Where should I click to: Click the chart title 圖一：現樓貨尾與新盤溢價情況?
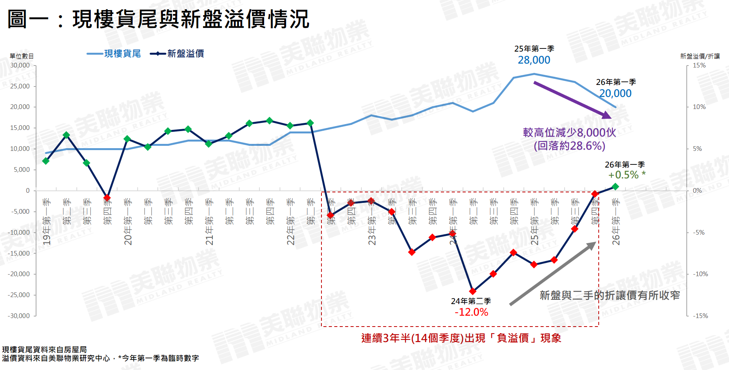pyautogui.click(x=158, y=19)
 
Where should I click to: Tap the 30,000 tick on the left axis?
pyautogui.click(x=20, y=65)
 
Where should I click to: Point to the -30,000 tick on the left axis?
pyautogui.click(x=19, y=316)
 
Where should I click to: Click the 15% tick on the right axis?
pyautogui.click(x=699, y=65)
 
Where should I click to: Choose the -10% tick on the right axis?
pyautogui.click(x=700, y=274)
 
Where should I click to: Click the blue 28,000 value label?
pyautogui.click(x=534, y=60)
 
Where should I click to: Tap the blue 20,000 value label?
pyautogui.click(x=615, y=93)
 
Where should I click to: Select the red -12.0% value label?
pyautogui.click(x=471, y=312)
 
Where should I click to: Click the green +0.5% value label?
pyautogui.click(x=624, y=175)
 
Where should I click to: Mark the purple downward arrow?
pyautogui.click(x=572, y=100)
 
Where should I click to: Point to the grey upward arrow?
pyautogui.click(x=553, y=273)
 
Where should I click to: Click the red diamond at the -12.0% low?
pyautogui.click(x=473, y=291)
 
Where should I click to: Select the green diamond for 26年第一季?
pyautogui.click(x=615, y=187)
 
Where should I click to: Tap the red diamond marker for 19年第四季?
pyautogui.click(x=107, y=198)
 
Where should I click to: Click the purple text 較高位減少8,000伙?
pyautogui.click(x=569, y=133)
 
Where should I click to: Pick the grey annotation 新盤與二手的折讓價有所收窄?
pyautogui.click(x=610, y=296)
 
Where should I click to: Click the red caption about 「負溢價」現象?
pyautogui.click(x=461, y=338)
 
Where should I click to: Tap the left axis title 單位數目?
pyautogui.click(x=22, y=56)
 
